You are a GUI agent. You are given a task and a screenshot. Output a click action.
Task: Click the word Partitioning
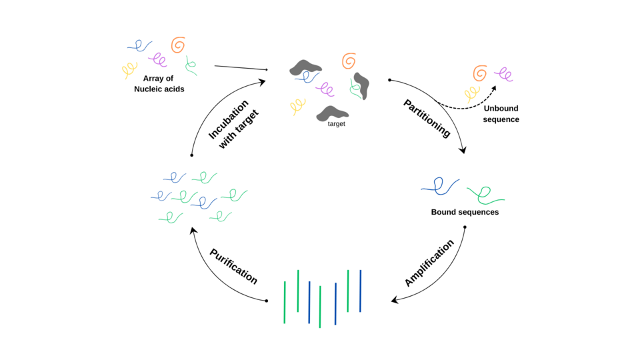(x=427, y=119)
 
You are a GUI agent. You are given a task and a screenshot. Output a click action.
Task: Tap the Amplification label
(x=429, y=263)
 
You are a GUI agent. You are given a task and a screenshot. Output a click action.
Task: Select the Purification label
(x=233, y=266)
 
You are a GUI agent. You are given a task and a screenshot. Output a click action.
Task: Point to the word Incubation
(x=228, y=119)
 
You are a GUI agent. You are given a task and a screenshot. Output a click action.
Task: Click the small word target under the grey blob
(x=336, y=124)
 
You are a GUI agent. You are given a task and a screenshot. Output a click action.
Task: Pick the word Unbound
(x=501, y=108)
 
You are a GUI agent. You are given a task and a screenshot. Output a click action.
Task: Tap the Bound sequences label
(x=465, y=212)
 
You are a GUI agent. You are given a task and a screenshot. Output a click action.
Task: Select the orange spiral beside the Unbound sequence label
(x=481, y=73)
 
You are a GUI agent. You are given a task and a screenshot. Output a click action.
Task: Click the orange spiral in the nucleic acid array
(x=178, y=45)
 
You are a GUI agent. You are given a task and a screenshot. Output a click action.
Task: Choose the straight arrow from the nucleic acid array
(x=241, y=68)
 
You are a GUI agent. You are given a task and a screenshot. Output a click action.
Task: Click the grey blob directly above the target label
(x=332, y=113)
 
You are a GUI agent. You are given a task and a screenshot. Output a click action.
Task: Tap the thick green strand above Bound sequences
(x=485, y=195)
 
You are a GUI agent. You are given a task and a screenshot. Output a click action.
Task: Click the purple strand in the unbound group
(x=504, y=75)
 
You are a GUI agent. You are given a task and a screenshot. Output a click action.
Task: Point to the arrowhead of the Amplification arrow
(x=394, y=301)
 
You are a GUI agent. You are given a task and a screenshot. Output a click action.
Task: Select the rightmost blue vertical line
(x=361, y=291)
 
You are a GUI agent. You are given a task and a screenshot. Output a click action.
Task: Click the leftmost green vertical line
(x=285, y=303)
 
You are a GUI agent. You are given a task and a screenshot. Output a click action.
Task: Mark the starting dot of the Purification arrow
(x=267, y=301)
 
